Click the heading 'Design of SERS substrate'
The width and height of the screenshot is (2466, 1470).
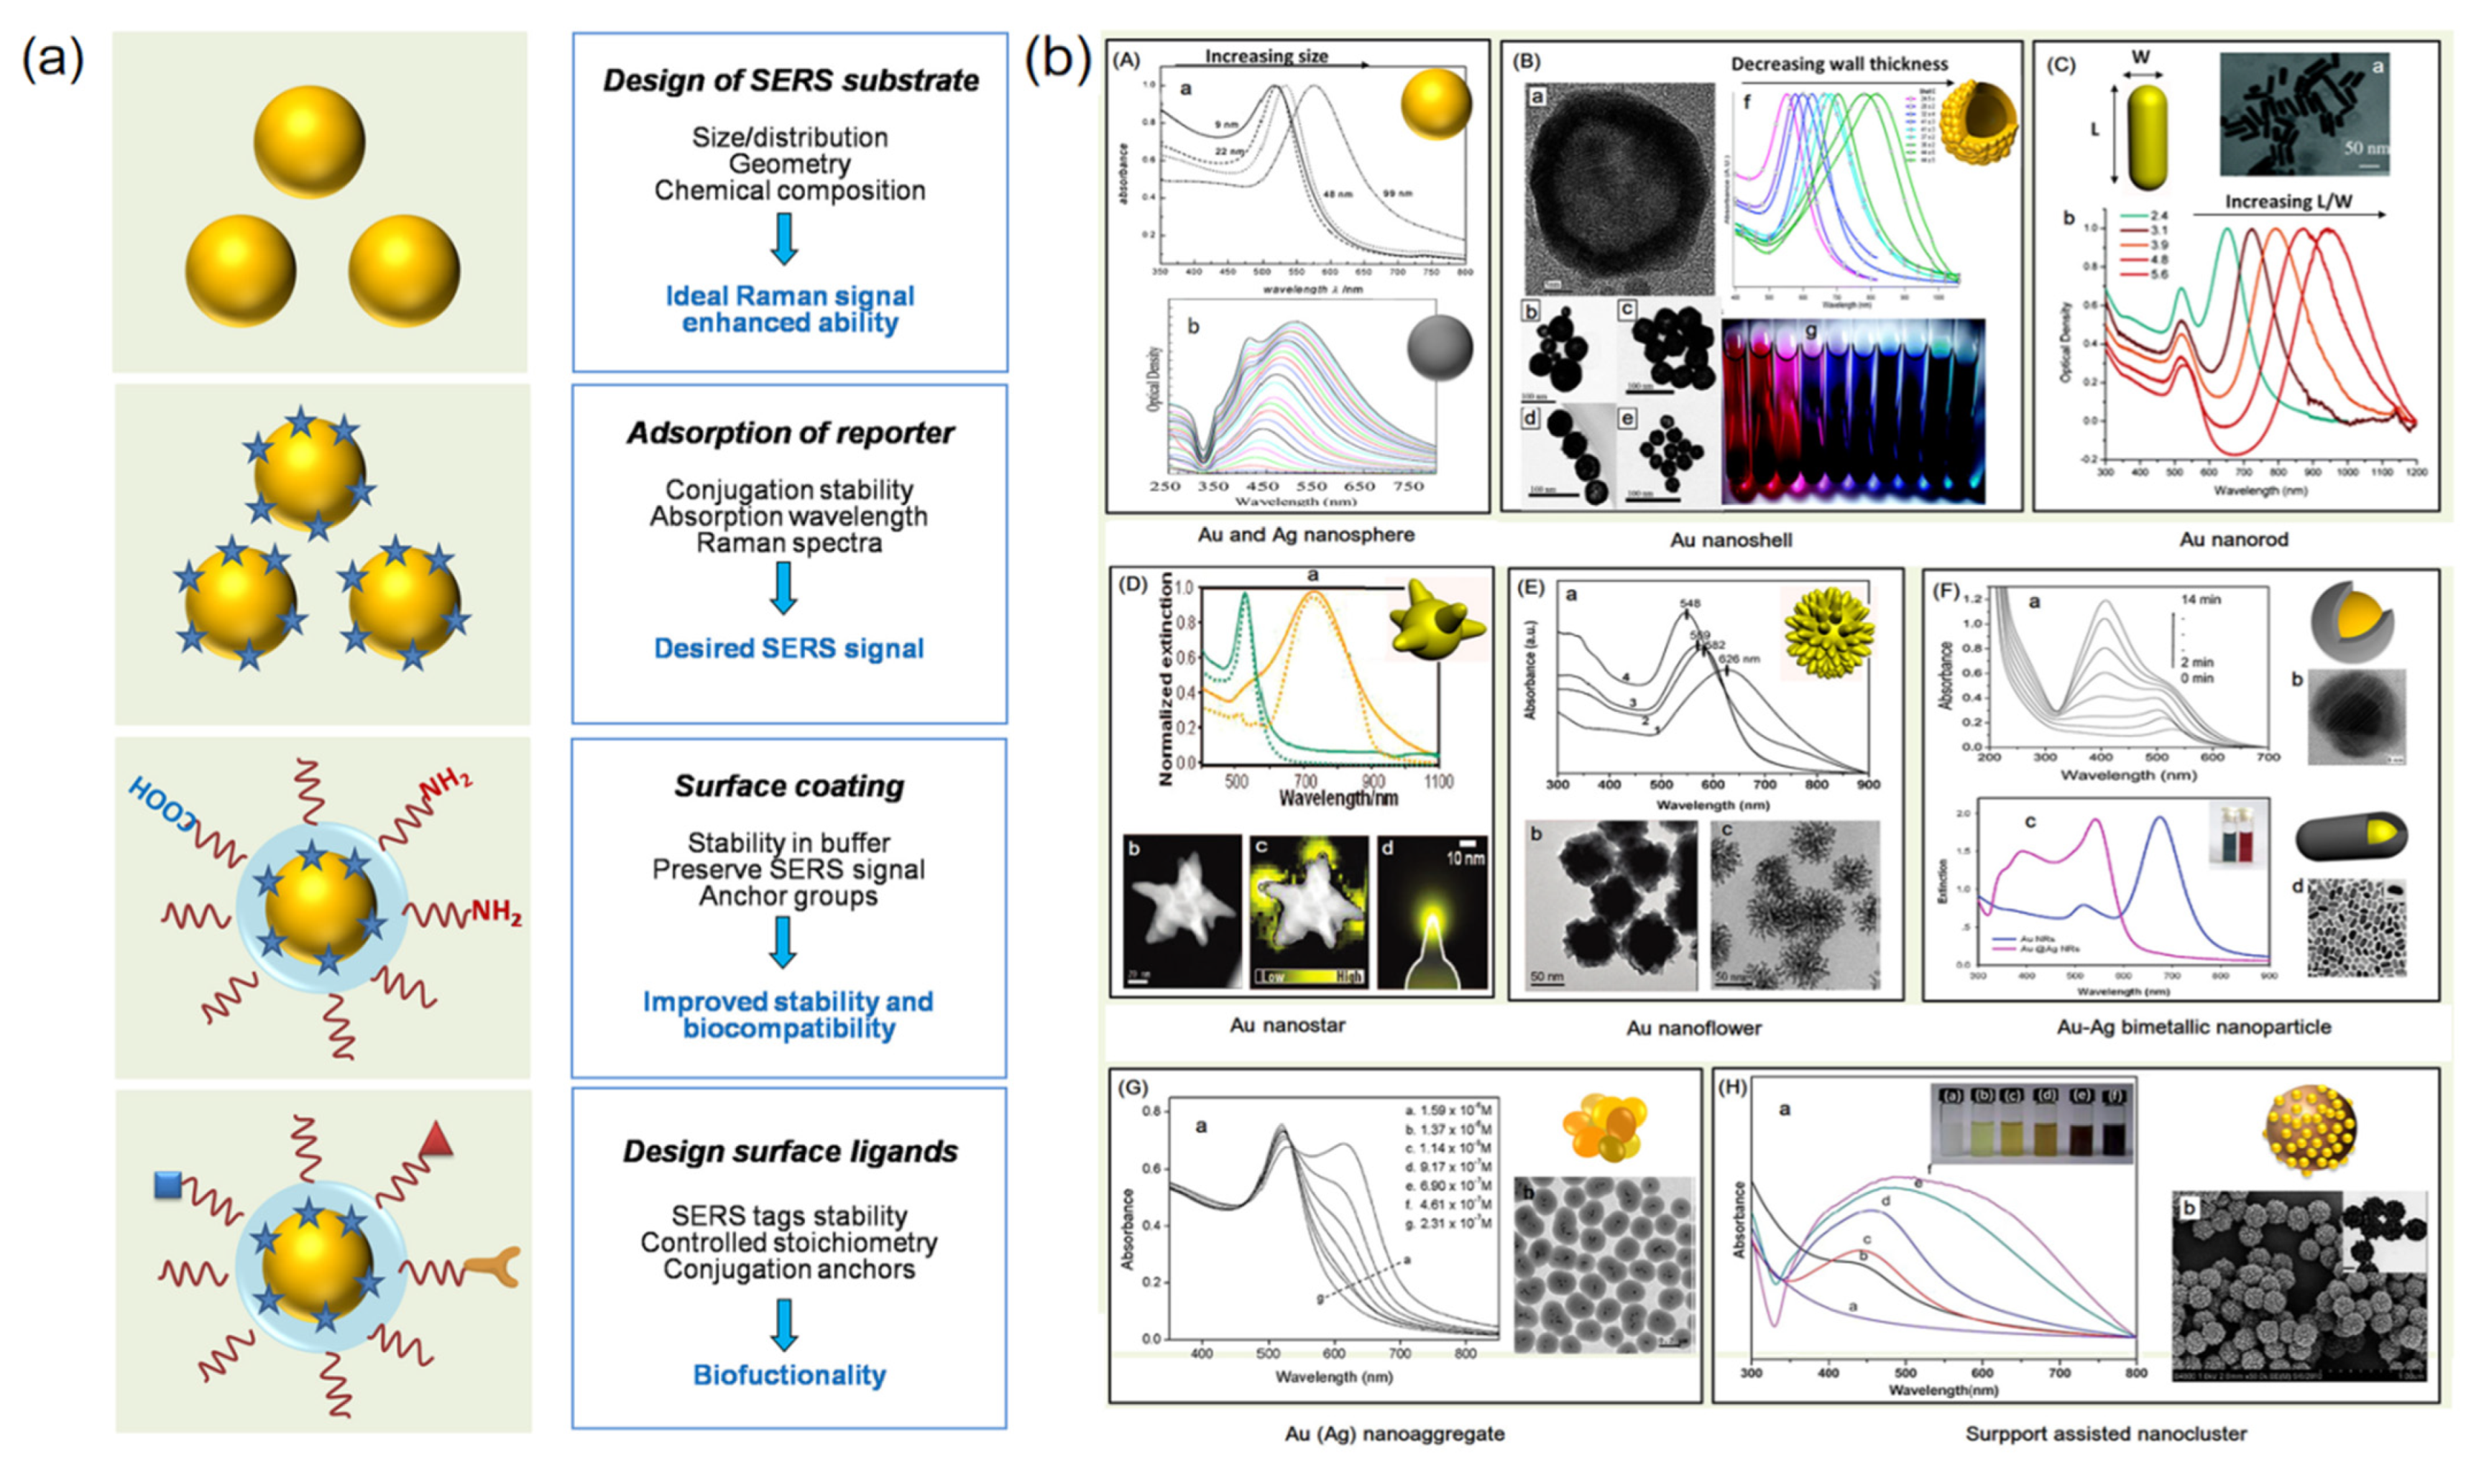(791, 80)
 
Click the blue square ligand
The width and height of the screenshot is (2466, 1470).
(167, 1185)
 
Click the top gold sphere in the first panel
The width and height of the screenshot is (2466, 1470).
(309, 141)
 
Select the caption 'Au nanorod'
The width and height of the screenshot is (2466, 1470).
(2233, 540)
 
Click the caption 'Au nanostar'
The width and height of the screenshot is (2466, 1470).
(1287, 1025)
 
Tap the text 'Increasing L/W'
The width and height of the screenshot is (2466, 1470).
(2288, 201)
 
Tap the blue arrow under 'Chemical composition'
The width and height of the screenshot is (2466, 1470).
(785, 239)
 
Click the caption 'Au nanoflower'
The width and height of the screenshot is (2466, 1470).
(1693, 1028)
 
